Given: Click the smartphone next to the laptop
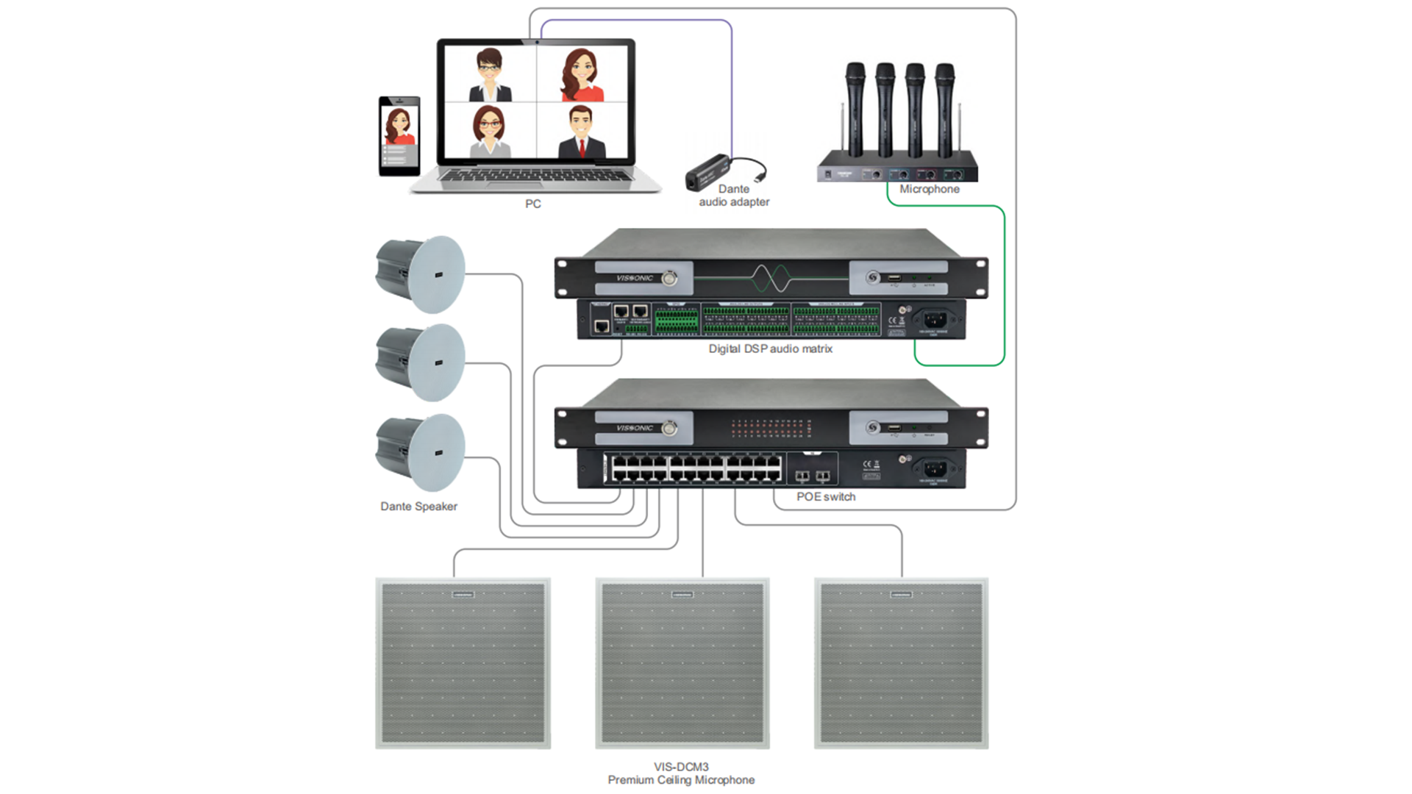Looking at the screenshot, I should tap(399, 136).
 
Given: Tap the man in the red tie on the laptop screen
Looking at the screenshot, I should tap(581, 132).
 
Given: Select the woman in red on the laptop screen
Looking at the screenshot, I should tap(582, 75).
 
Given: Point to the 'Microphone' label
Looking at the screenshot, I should tap(929, 189).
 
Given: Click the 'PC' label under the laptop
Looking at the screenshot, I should tap(532, 204).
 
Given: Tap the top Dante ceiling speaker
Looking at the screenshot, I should tap(421, 273).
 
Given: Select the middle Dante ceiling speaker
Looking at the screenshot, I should tap(421, 362).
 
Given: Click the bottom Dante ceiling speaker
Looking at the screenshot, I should tap(421, 452).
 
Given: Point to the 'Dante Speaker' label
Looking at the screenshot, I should tap(418, 507).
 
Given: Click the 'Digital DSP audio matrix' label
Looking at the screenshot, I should tap(770, 348).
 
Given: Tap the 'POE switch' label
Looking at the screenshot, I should tap(825, 497).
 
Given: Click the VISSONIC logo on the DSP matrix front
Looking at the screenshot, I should tap(634, 278).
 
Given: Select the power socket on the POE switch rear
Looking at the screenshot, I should tap(934, 468).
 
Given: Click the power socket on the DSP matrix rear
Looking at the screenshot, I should tap(934, 319).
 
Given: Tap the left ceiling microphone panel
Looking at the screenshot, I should tap(463, 663).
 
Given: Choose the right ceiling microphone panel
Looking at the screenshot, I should tap(901, 663).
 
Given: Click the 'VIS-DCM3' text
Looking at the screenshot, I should tap(681, 767).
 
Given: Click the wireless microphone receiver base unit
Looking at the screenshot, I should tap(897, 170).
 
